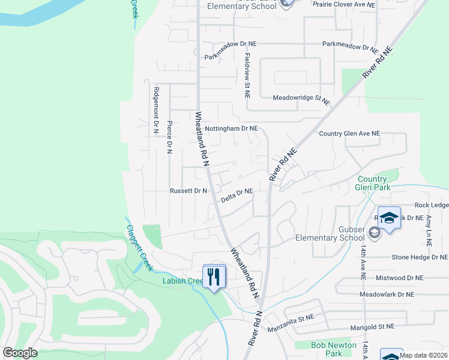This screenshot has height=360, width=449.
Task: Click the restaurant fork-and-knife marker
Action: click(214, 277)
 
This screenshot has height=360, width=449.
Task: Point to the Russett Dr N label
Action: click(188, 191)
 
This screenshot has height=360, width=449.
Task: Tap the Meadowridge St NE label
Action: click(301, 99)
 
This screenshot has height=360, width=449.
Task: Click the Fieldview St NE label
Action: click(247, 74)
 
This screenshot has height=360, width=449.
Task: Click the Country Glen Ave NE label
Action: click(349, 133)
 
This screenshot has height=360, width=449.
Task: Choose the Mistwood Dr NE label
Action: click(399, 278)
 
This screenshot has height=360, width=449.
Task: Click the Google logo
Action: click(20, 353)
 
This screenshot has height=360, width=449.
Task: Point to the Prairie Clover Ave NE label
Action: click(344, 4)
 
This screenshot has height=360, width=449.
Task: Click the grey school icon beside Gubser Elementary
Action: click(375, 233)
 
